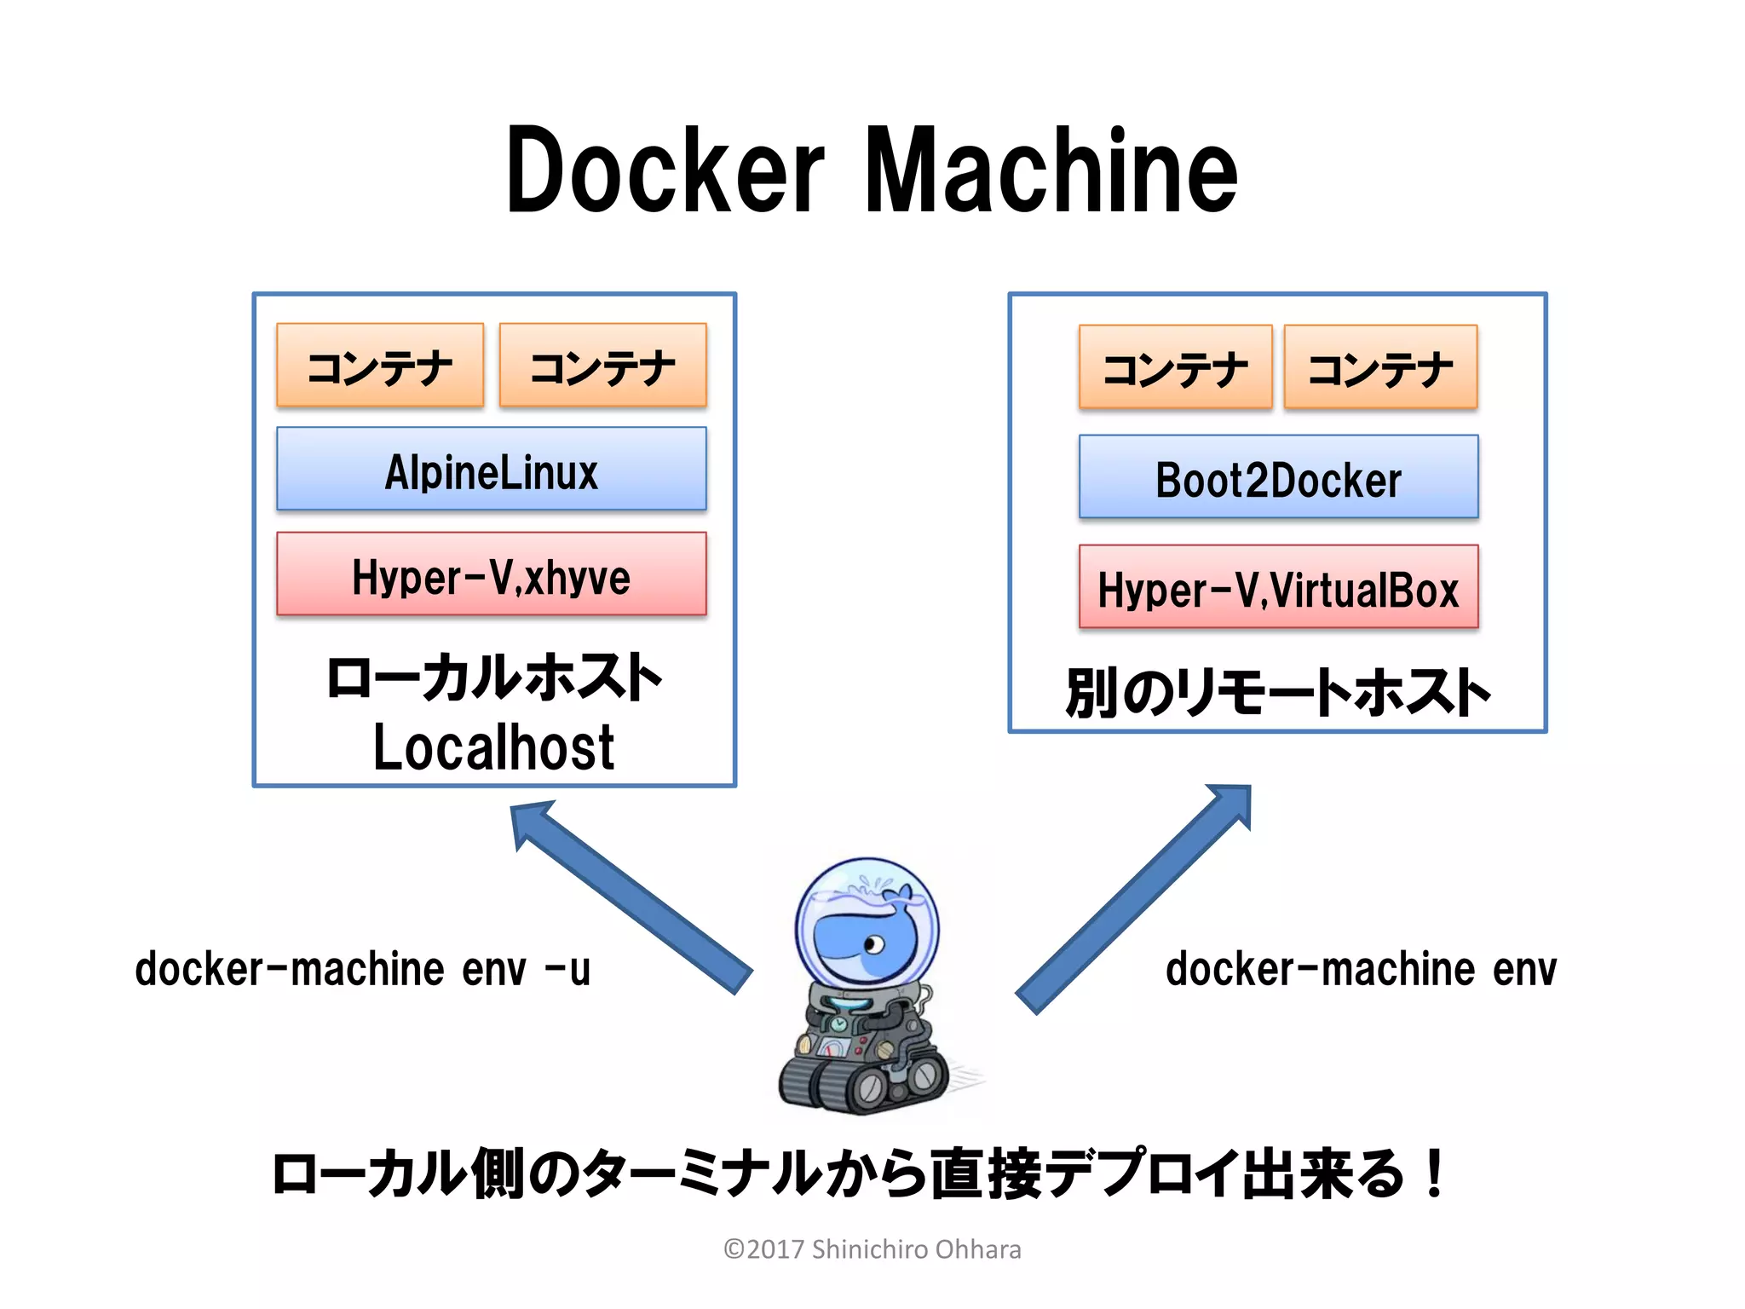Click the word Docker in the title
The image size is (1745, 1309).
665,170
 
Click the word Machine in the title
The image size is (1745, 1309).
1051,170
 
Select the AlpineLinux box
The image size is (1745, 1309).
492,470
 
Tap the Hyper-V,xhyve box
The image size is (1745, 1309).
492,575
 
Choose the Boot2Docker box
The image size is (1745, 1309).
1278,478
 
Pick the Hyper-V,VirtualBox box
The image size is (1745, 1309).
1278,588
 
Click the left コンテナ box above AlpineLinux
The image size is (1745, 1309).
380,366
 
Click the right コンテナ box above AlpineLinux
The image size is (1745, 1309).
602,366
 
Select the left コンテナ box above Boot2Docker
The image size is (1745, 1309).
1175,368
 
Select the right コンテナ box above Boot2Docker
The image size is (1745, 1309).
1380,368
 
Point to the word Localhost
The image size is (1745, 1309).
493,747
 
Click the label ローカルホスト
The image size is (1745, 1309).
493,678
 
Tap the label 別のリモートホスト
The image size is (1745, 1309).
1277,692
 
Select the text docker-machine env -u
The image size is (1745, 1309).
362,969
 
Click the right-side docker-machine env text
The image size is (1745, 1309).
1361,969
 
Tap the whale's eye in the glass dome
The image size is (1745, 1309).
873,944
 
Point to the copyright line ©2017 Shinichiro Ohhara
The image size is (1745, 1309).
872,1249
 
